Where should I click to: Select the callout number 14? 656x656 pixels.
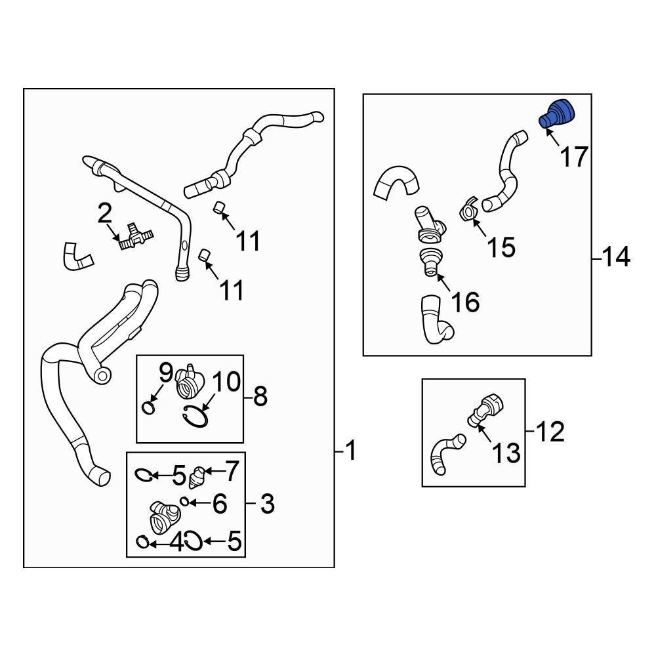click(x=616, y=258)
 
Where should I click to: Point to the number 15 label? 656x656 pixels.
click(x=501, y=247)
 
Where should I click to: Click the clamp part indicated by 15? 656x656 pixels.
click(x=468, y=211)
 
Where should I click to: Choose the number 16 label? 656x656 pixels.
click(x=464, y=302)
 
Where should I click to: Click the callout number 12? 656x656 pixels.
click(x=549, y=431)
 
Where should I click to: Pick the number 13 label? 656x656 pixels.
click(x=506, y=453)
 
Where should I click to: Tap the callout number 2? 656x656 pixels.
click(x=104, y=213)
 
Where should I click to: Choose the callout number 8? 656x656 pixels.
click(x=260, y=396)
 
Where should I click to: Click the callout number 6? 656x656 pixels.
click(x=219, y=504)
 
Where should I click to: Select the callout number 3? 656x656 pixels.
click(x=266, y=504)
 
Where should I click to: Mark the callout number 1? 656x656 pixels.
click(x=352, y=451)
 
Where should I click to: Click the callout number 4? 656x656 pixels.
click(x=176, y=543)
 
